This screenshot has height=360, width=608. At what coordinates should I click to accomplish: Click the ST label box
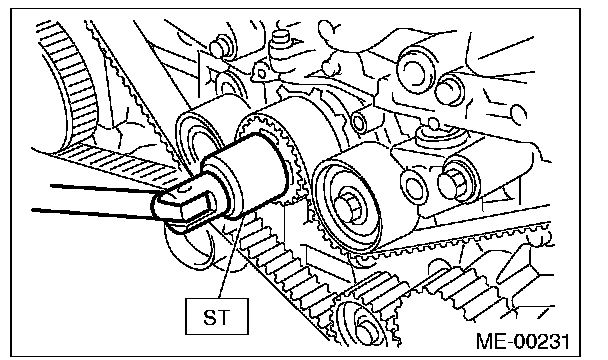(x=217, y=316)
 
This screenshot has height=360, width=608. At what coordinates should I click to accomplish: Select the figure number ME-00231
(x=523, y=341)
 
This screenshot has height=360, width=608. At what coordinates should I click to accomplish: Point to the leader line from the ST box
(x=232, y=257)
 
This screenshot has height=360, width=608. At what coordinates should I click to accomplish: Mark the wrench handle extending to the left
(x=101, y=201)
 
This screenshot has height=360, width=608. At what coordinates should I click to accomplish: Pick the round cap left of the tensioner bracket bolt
(x=414, y=182)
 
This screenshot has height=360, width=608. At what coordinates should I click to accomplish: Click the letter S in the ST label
(x=210, y=317)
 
